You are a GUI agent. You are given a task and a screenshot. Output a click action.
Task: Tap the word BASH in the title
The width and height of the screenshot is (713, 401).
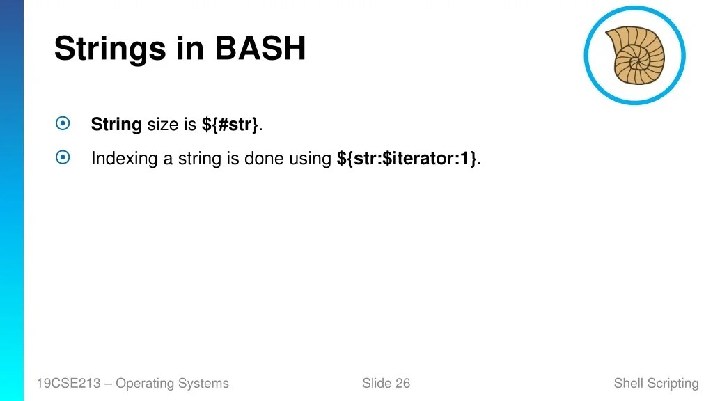pos(260,49)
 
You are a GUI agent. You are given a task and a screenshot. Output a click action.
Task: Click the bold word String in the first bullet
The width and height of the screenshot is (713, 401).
pos(116,125)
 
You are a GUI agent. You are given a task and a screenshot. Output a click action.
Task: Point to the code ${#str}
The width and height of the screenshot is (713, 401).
pos(230,125)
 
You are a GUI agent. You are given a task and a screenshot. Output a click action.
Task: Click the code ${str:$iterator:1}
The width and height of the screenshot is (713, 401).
pos(407,159)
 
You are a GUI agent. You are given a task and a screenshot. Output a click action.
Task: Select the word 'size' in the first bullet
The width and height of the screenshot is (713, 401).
pos(162,125)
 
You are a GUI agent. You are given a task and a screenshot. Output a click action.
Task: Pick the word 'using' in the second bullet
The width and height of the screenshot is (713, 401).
pos(310,159)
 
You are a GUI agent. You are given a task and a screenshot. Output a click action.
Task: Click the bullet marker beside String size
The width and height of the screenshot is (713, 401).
pos(63,124)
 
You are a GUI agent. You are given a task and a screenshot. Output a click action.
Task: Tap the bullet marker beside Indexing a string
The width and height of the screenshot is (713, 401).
pos(63,158)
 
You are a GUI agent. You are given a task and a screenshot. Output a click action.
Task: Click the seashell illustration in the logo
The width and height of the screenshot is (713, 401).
pos(634,55)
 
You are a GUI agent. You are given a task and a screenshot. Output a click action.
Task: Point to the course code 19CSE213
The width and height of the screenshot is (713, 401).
pos(69,383)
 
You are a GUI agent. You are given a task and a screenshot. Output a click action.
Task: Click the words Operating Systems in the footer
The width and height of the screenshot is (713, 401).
pos(172,383)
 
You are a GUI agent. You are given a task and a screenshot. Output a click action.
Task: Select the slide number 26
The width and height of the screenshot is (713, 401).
pos(402,383)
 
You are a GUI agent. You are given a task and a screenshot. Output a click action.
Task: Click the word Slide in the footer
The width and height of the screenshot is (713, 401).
pos(377,383)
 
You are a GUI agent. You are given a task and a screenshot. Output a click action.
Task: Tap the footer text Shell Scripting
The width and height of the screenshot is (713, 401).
pos(656,383)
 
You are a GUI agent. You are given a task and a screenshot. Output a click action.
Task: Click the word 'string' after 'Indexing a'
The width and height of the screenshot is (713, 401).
pos(199,159)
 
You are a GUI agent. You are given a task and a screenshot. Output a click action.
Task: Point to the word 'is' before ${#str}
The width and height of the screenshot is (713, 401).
pos(190,125)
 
